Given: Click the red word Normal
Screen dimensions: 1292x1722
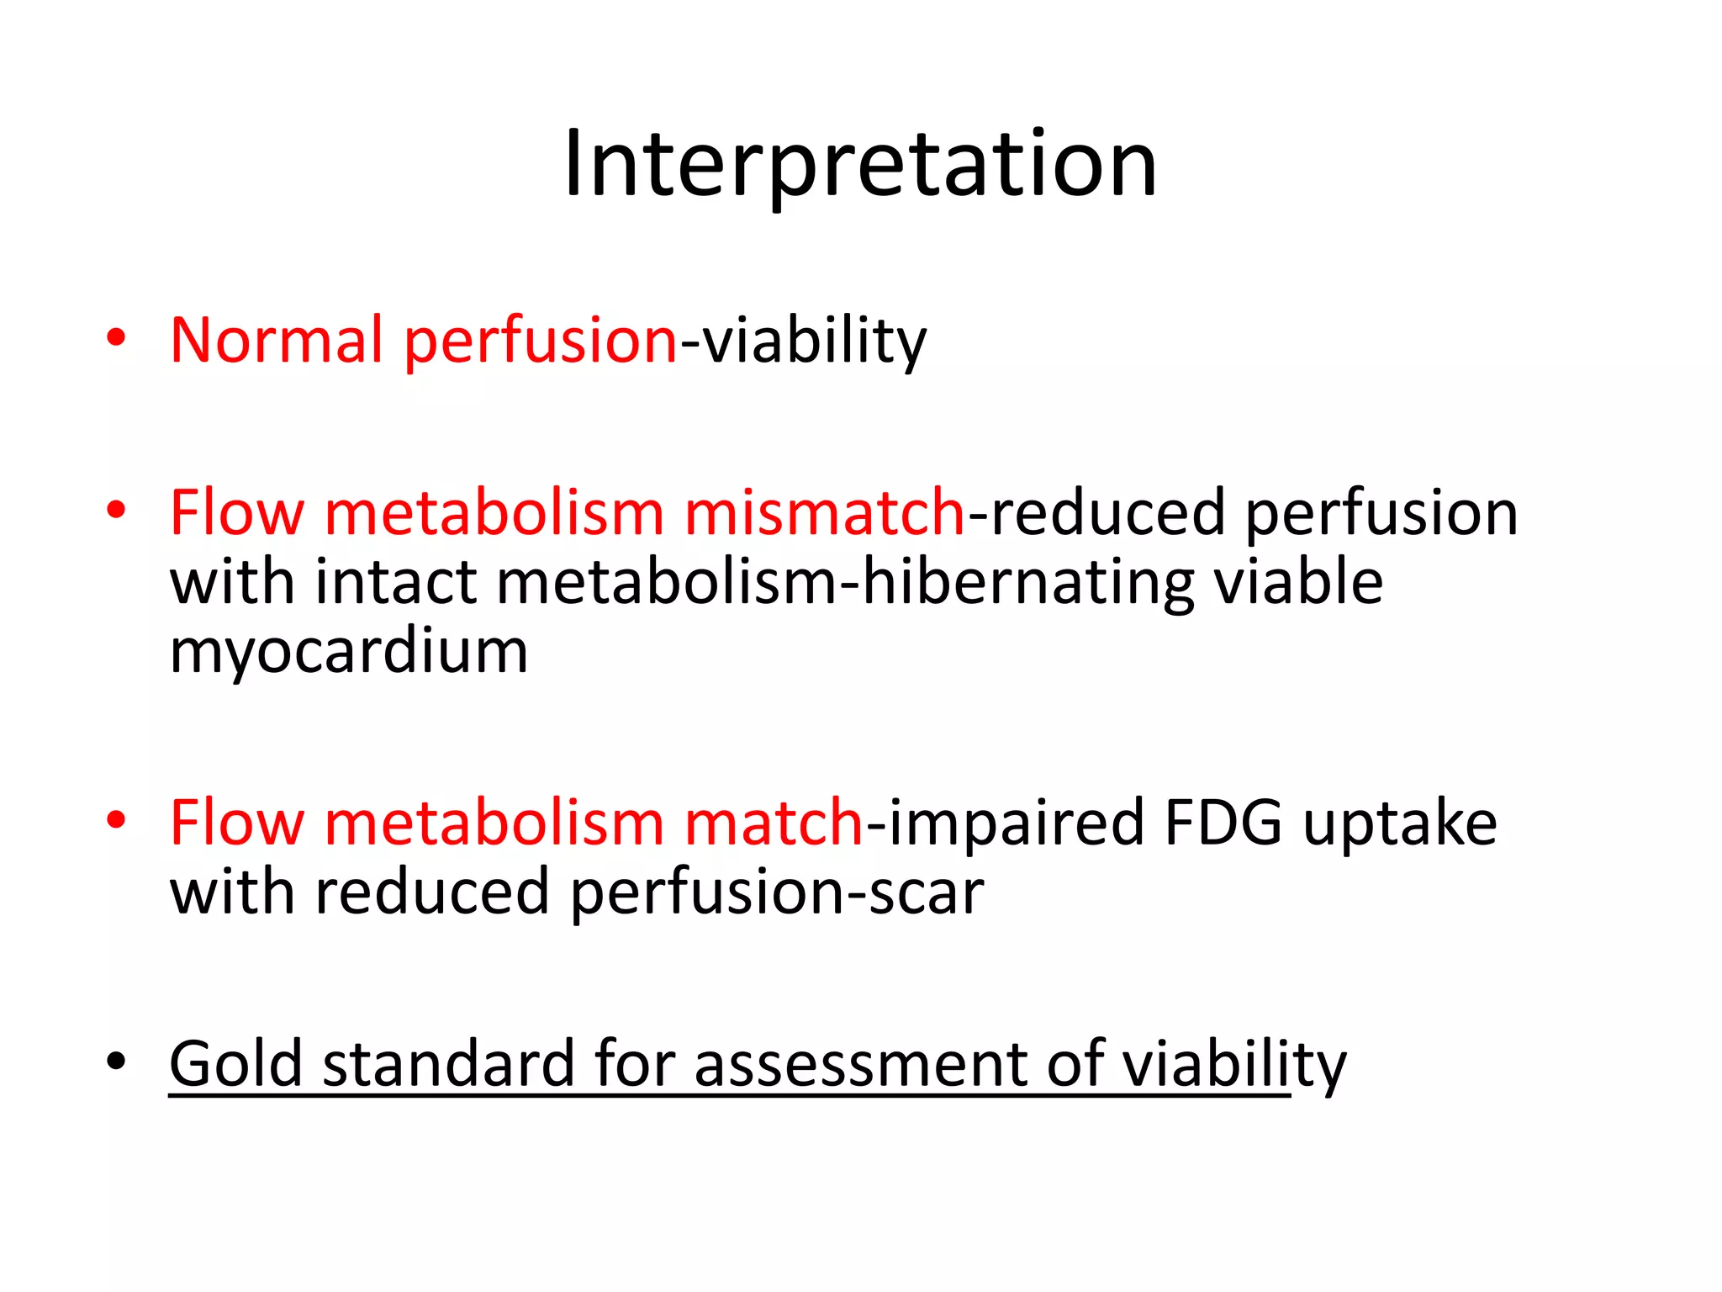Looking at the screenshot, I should point(277,340).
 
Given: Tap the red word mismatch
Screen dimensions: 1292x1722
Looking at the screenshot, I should point(825,512).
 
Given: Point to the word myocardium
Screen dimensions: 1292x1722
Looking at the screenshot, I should point(349,651).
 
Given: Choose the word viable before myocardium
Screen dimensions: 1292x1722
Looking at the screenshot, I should point(1298,582).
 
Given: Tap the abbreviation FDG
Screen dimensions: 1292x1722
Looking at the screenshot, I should point(1223,823).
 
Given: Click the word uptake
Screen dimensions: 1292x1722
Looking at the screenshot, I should point(1400,823).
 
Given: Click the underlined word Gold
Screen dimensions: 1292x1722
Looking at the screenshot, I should point(235,1063).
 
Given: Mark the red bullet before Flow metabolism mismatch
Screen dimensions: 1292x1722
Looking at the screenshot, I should point(116,510).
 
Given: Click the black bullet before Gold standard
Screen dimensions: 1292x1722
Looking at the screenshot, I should point(116,1062).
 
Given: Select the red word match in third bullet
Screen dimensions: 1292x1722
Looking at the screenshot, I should point(774,823).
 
